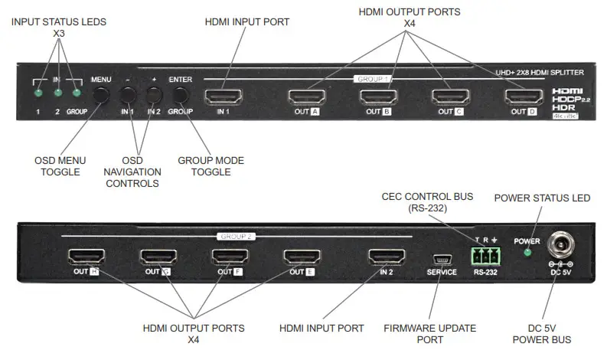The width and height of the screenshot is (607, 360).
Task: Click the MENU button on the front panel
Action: click(101, 95)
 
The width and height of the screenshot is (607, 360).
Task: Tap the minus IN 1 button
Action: click(128, 95)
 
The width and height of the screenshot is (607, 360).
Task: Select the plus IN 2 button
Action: click(155, 95)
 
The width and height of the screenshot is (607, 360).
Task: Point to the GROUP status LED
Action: click(76, 93)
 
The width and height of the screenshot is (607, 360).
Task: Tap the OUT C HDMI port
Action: click(450, 97)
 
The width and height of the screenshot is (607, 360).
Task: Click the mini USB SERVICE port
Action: click(442, 258)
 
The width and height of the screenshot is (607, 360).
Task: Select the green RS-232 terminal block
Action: click(485, 254)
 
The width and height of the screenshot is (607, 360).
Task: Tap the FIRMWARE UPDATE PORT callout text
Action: click(440, 334)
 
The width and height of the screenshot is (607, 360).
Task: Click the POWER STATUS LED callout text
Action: click(542, 198)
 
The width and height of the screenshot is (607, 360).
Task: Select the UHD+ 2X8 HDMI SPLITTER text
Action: click(540, 72)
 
